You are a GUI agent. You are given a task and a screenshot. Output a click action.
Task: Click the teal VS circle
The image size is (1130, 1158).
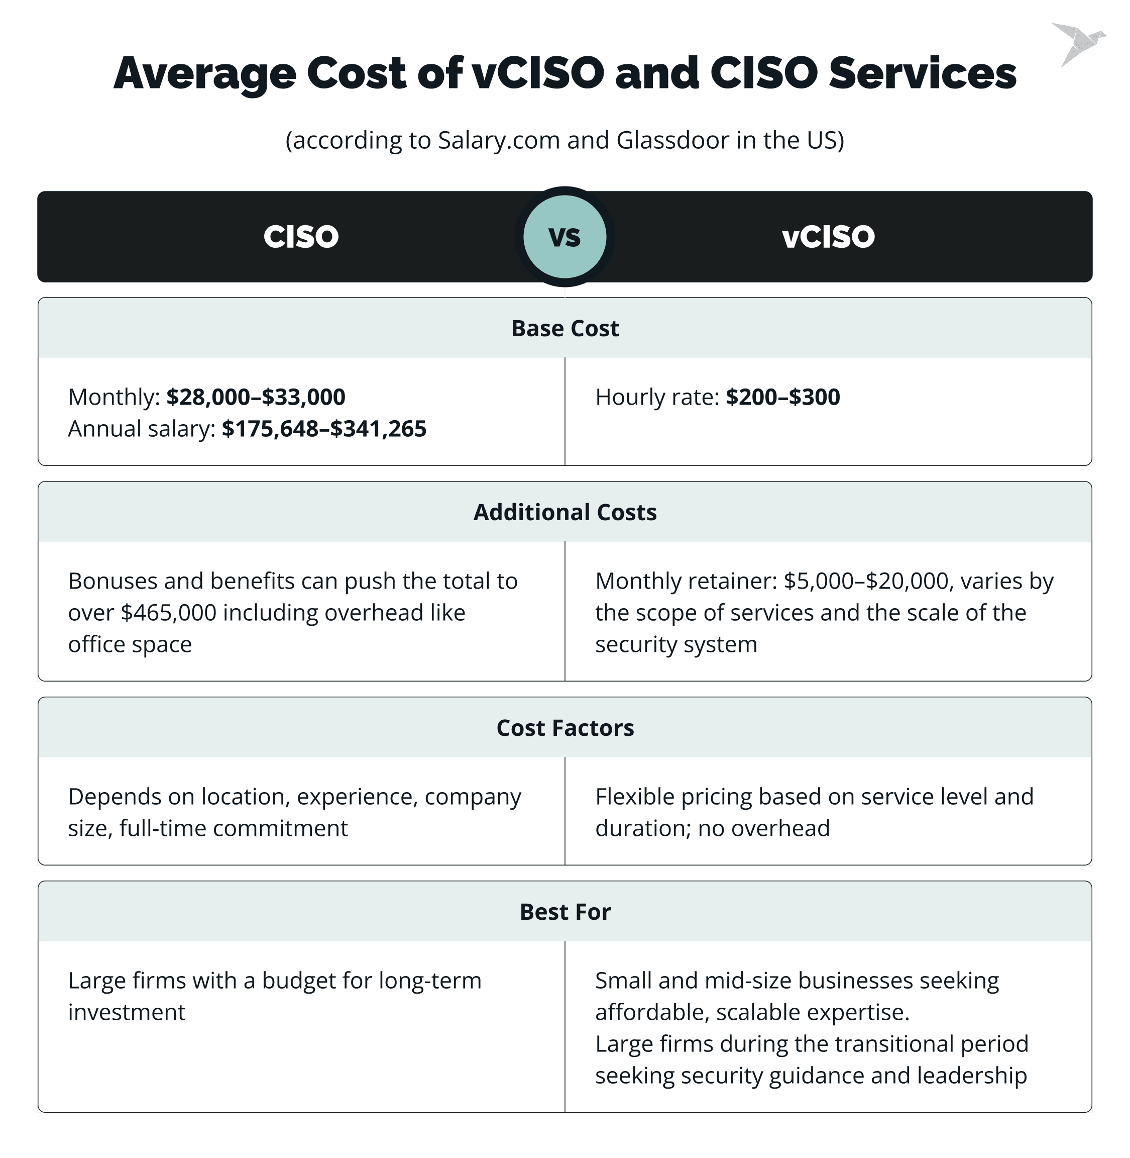pos(564,236)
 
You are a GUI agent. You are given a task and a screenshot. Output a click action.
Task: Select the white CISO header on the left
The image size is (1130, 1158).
pos(301,236)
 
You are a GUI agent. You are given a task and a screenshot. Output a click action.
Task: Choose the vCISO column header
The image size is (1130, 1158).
pos(828,236)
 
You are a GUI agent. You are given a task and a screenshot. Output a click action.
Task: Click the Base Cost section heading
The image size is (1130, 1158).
pos(564,328)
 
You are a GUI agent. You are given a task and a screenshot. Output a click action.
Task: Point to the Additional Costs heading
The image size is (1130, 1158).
pos(564,512)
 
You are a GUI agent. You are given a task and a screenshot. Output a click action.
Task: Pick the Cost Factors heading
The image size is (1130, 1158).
pos(564,727)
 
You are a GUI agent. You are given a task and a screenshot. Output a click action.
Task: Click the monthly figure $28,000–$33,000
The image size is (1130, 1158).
pos(256,397)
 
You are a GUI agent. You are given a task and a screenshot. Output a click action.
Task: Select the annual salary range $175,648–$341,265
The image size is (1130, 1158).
pos(324,429)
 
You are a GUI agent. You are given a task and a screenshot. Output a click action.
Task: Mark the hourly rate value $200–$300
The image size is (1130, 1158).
pos(783,397)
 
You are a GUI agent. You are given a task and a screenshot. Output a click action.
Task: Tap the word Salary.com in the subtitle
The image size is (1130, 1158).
pos(499,140)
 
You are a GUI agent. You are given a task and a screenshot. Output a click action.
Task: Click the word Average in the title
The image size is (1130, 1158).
pos(204,73)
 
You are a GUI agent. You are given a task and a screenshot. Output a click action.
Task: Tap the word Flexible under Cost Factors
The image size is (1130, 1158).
pos(634,796)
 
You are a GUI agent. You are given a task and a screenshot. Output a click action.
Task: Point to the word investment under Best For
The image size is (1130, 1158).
pos(127,1012)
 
